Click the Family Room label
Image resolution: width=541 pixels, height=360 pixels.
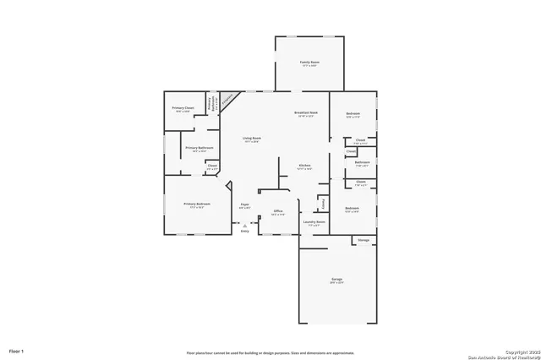[309, 63]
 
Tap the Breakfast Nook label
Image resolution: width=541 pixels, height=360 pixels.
[306, 113]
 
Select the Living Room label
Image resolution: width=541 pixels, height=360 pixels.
[252, 139]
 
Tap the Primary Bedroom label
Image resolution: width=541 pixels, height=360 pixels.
[198, 205]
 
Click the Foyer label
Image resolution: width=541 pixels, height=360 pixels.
[244, 205]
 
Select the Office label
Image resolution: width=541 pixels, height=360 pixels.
[277, 212]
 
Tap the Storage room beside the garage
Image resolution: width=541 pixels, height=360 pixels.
[363, 241]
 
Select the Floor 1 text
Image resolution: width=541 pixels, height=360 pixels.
[17, 350]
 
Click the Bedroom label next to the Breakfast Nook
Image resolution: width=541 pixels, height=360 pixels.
[352, 114]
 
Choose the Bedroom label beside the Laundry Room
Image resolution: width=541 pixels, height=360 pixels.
[352, 209]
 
